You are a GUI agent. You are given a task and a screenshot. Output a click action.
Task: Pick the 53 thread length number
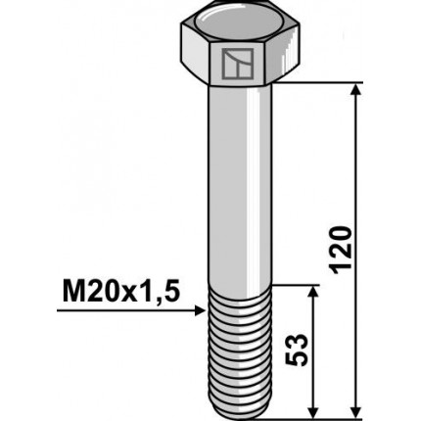tap(299, 350)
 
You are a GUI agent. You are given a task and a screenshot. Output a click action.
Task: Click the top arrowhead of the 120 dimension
tap(354, 91)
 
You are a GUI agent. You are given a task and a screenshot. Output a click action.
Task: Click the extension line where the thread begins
tap(294, 286)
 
